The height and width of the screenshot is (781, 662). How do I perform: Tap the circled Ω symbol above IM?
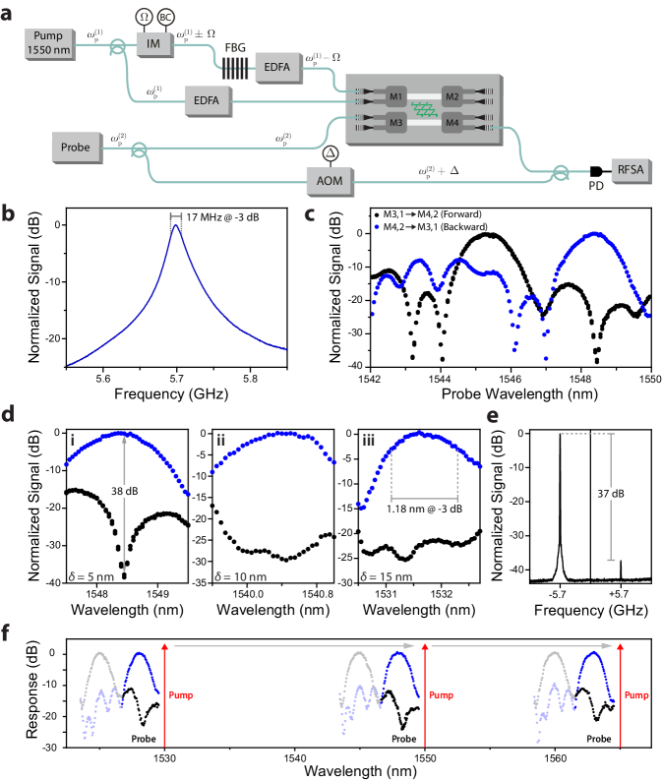tap(145, 18)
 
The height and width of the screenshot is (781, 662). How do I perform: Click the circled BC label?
tap(165, 18)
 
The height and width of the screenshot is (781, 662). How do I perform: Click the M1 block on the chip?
tap(396, 95)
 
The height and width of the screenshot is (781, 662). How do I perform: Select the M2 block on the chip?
tap(451, 95)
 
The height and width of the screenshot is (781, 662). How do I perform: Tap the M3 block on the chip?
tap(396, 123)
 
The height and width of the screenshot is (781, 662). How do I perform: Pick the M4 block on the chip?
tap(451, 123)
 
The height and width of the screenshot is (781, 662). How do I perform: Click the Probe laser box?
tap(76, 148)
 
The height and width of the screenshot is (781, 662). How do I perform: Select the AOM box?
tap(330, 179)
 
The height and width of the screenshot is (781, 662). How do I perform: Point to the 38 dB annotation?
tap(124, 491)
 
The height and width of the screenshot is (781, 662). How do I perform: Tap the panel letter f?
tap(6, 633)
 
